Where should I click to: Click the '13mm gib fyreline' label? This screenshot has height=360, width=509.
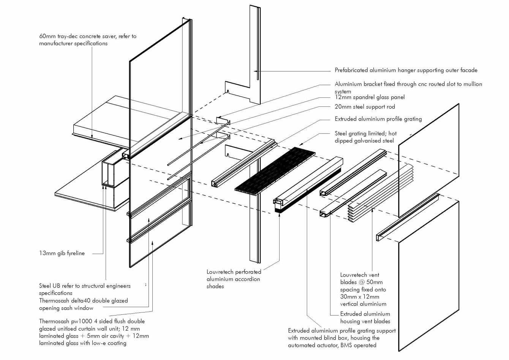pyautogui.click(x=62, y=253)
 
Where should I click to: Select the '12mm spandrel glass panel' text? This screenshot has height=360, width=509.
pyautogui.click(x=370, y=97)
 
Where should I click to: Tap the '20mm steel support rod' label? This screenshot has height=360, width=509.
pyautogui.click(x=365, y=107)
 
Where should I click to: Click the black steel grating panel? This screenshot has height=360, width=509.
pyautogui.click(x=275, y=170)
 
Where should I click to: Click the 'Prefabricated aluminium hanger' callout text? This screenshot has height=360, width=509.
pyautogui.click(x=406, y=70)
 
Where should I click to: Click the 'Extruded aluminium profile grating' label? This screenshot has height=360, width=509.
pyautogui.click(x=378, y=119)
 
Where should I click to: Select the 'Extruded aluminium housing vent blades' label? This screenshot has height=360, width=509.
pyautogui.click(x=365, y=317)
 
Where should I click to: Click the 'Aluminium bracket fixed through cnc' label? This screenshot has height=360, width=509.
pyautogui.click(x=408, y=84)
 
